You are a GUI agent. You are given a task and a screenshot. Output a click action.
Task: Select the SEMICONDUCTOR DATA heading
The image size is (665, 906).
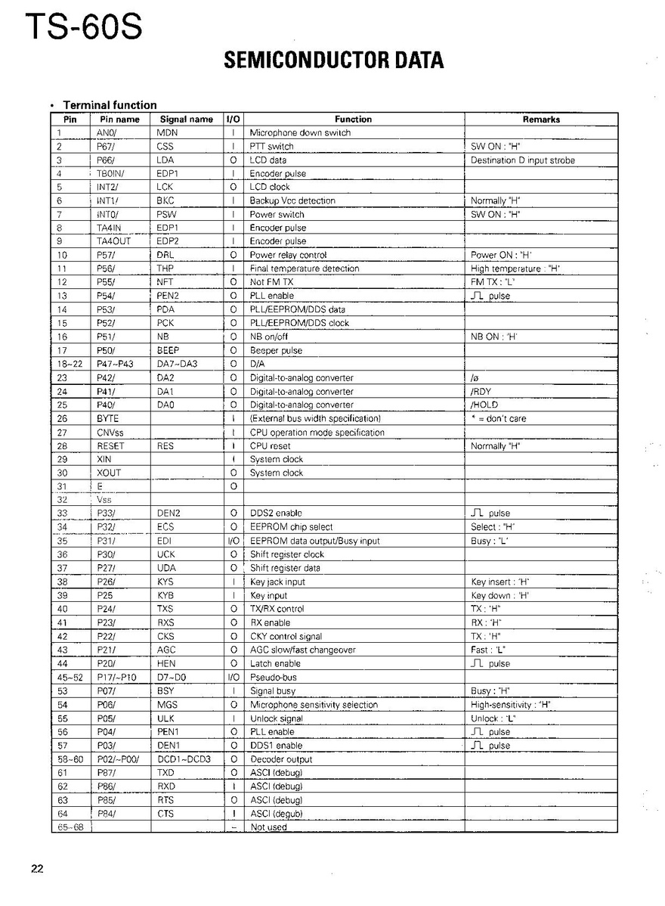coord(333,61)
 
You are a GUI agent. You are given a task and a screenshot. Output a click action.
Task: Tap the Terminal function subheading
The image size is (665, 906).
coord(110,105)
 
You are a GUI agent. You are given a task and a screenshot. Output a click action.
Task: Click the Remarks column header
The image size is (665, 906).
coord(541,119)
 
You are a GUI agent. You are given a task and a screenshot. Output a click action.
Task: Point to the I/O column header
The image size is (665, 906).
coord(234,119)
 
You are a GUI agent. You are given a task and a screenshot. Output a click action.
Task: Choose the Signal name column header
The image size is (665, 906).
coord(186,119)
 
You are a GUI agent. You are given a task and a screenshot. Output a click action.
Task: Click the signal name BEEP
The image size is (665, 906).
coord(168,351)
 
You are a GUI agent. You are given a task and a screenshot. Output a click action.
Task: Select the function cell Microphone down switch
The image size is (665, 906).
coord(300,133)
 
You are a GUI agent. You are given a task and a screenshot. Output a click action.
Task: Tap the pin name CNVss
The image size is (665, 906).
coord(110,433)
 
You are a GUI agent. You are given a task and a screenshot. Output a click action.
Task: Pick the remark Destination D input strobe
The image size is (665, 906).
coord(522,160)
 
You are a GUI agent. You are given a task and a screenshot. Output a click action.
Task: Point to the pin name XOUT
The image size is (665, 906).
coord(109,473)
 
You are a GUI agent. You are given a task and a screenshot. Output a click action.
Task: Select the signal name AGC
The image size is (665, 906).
coord(166,650)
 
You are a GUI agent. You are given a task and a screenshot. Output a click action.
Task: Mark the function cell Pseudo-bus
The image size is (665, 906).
coord(273,678)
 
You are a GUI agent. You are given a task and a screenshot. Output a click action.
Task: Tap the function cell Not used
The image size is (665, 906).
coord(268,827)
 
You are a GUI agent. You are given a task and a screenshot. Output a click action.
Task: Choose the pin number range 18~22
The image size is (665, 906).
coord(69,365)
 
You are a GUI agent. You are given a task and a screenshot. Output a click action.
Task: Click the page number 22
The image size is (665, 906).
coord(37,868)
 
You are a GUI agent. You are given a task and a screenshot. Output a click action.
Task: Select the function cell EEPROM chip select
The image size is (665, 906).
coord(291,528)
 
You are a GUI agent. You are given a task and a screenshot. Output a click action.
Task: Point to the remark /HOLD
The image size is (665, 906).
coord(484,405)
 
